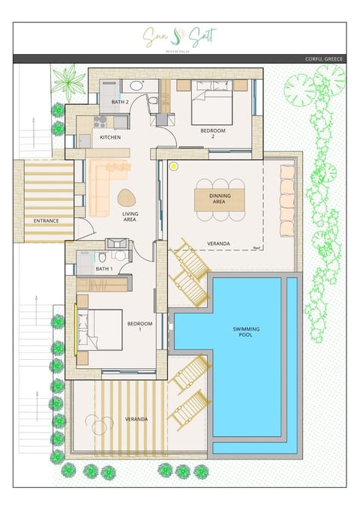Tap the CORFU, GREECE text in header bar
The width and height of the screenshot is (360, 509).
click(325, 58)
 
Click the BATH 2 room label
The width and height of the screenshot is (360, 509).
click(121, 101)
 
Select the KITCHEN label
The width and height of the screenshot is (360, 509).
click(110, 137)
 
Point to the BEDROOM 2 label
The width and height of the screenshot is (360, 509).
click(213, 133)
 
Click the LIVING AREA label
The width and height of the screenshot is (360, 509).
click(130, 217)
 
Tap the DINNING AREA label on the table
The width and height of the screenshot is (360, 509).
click(219, 199)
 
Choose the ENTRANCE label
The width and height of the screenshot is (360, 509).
click(46, 220)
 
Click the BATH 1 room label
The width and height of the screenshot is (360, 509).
click(104, 268)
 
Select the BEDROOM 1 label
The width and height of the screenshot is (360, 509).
click(139, 326)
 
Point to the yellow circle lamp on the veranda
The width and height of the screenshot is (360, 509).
click(174, 166)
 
